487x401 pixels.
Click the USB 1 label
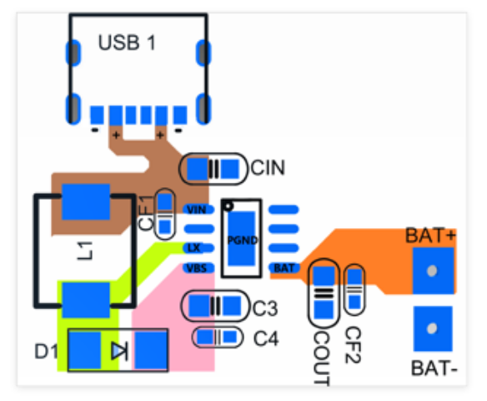[127, 43]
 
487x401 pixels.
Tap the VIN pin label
[197, 210]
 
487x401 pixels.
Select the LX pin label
[193, 248]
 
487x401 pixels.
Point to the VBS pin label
[197, 268]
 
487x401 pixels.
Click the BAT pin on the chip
[284, 268]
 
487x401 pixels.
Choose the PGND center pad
[242, 239]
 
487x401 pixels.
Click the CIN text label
[268, 168]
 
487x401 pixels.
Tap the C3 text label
[265, 308]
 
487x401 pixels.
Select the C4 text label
[266, 338]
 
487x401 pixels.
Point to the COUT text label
[322, 358]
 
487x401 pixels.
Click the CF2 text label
[353, 345]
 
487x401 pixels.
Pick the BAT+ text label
[430, 236]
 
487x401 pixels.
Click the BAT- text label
[434, 368]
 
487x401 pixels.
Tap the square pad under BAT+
[433, 271]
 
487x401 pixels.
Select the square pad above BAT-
[433, 328]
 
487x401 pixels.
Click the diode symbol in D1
[119, 351]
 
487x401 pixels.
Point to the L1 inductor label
[85, 251]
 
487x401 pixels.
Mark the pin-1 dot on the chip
[228, 206]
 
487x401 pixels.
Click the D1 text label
[46, 352]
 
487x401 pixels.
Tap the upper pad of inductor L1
[86, 202]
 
